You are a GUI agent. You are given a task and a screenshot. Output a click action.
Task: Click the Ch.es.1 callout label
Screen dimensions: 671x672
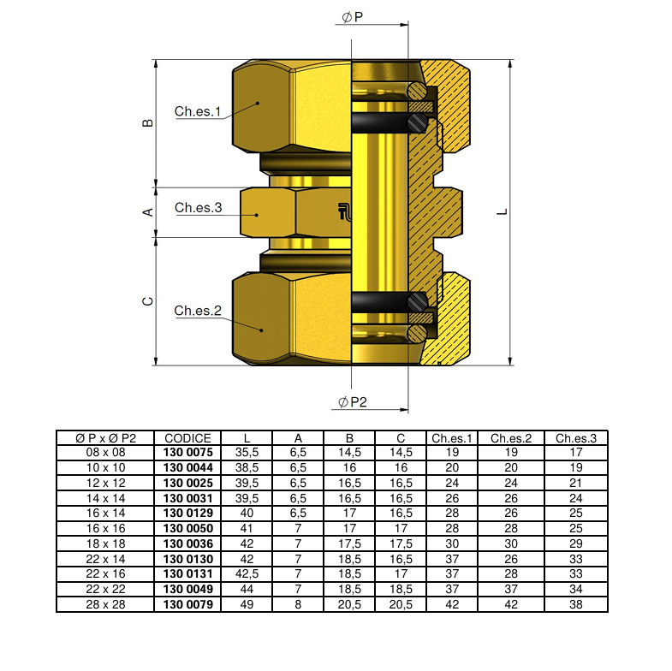[x=198, y=111]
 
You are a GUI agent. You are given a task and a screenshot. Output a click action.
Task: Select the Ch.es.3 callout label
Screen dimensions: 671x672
[x=198, y=208]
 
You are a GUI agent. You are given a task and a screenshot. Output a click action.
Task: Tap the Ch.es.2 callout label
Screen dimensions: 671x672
[x=198, y=311]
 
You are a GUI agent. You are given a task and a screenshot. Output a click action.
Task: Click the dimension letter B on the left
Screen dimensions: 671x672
[x=147, y=122]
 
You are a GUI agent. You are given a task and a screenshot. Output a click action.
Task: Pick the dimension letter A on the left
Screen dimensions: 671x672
[x=147, y=211]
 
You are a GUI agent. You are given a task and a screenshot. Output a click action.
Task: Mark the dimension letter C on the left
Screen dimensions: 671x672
[x=147, y=301]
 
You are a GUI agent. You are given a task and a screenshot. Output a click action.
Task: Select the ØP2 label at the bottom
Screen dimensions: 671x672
[x=352, y=402]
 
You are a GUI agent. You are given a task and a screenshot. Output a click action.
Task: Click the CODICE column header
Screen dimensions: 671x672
[x=187, y=438]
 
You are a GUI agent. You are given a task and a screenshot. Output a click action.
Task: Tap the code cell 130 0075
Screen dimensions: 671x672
[x=187, y=452]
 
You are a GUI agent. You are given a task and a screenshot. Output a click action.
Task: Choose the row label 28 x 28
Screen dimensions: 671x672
[x=104, y=605]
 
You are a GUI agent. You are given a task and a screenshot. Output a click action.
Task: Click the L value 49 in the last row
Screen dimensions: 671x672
[x=247, y=605]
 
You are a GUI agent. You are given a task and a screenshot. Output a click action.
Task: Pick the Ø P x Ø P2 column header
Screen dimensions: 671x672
[x=104, y=438]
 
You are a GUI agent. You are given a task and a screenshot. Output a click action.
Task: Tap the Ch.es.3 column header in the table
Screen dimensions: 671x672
[x=575, y=438]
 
